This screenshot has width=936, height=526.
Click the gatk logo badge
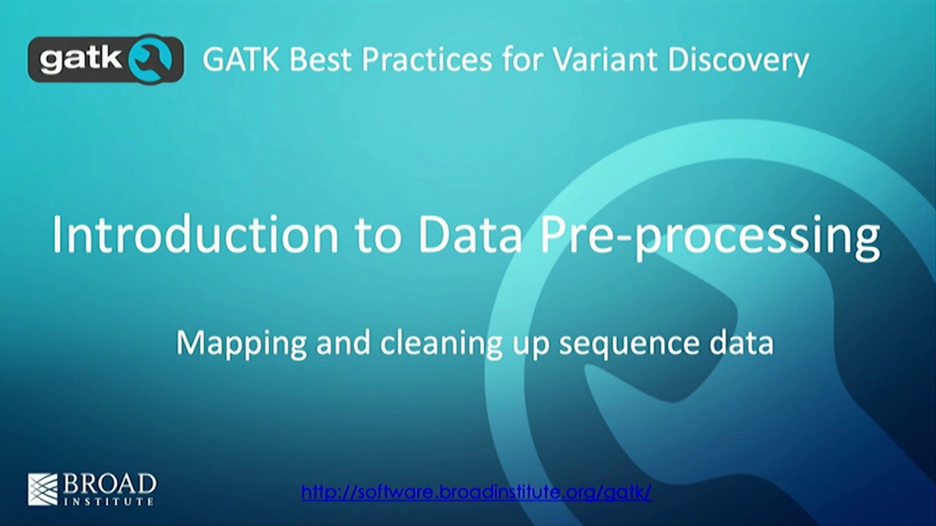pyautogui.click(x=105, y=58)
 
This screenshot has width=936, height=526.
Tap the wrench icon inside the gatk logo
pyautogui.click(x=152, y=58)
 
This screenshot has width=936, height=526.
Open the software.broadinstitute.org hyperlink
pyautogui.click(x=476, y=492)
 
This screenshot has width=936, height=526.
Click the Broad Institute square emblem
pyautogui.click(x=42, y=489)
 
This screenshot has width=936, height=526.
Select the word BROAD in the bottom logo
pyautogui.click(x=110, y=484)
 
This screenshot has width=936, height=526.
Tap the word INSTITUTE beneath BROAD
pyautogui.click(x=110, y=501)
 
